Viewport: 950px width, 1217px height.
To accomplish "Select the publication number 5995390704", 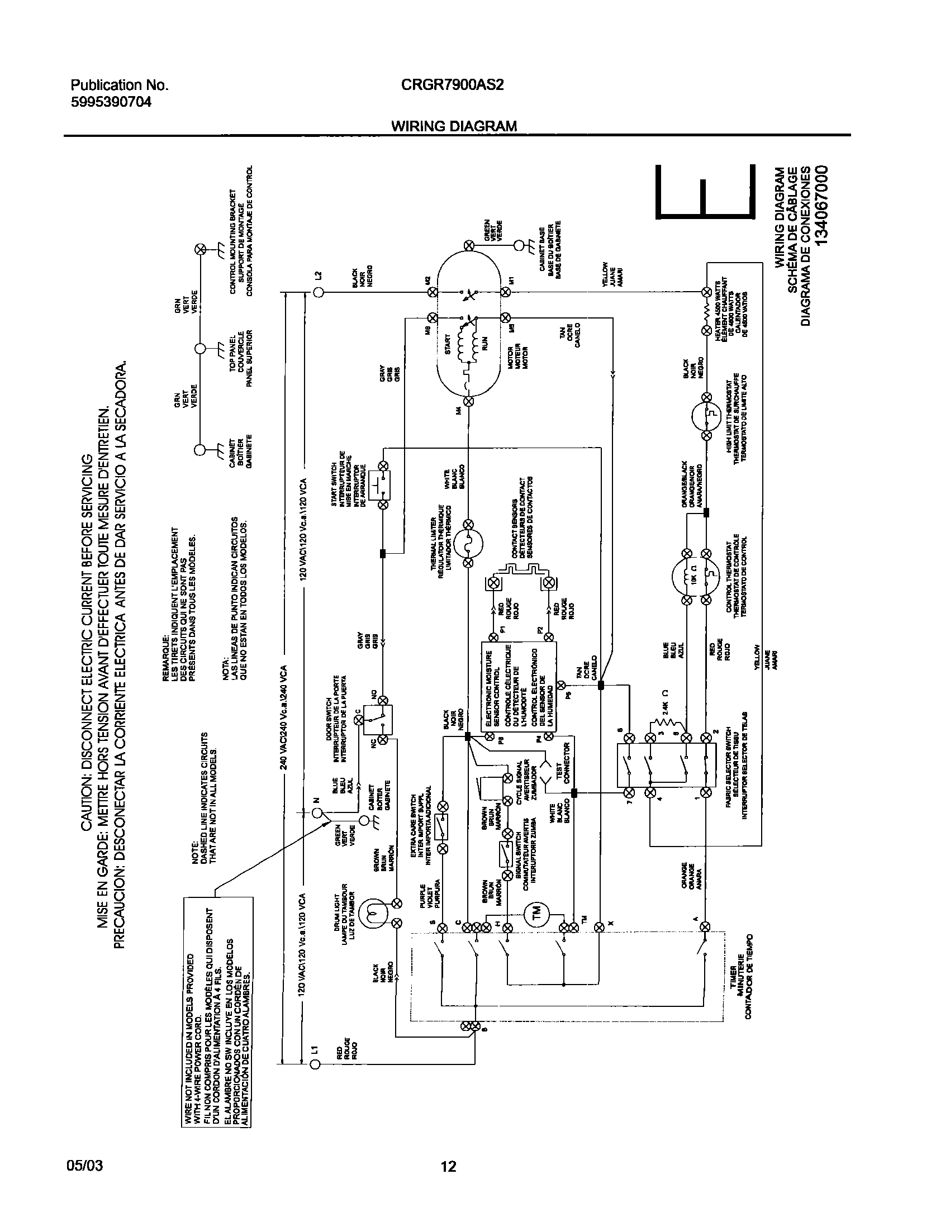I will pos(111,102).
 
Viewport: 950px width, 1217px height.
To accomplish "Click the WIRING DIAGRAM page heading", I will pos(454,126).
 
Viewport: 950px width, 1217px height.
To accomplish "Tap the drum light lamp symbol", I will pos(373,915).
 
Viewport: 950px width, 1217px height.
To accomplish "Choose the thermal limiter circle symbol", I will pos(469,543).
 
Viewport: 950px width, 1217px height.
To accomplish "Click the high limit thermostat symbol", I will pos(706,416).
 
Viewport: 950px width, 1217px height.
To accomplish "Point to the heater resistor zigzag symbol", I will pos(706,310).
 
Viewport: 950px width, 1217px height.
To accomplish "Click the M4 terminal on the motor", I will pos(469,400).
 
